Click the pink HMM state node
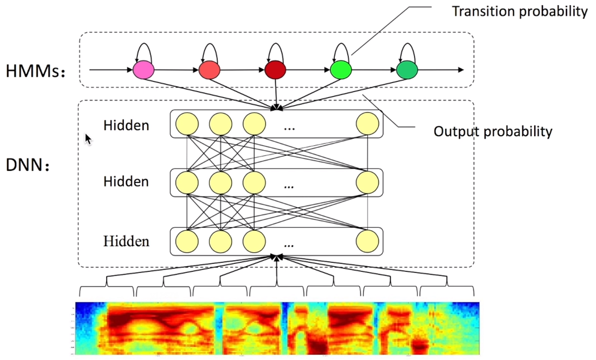(143, 70)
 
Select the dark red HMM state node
(276, 70)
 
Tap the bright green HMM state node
(341, 70)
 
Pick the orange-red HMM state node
(209, 70)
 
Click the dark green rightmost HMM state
(407, 70)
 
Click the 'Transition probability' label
(519, 11)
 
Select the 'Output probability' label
(493, 132)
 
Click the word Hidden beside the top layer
(126, 125)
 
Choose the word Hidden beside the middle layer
(126, 181)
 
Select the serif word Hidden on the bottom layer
(126, 241)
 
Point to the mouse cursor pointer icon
(88, 138)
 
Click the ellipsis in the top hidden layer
(289, 128)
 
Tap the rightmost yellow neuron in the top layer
(367, 124)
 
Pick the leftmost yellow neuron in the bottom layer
(187, 241)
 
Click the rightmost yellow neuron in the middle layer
(367, 181)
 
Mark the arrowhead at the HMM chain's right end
(460, 70)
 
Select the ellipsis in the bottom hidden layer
(289, 244)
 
